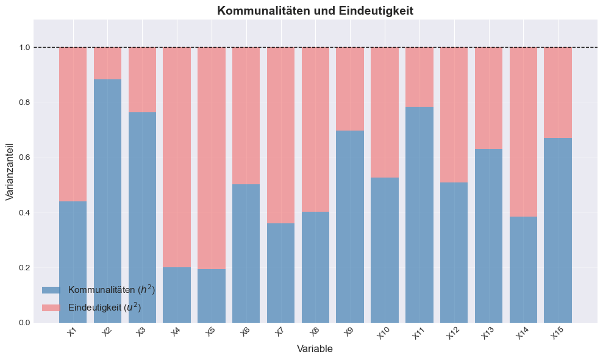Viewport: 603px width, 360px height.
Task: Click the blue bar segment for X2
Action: click(107, 201)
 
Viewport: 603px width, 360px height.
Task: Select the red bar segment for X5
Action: click(211, 158)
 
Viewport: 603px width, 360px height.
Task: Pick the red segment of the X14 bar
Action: click(523, 132)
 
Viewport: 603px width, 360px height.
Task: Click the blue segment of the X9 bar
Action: click(350, 226)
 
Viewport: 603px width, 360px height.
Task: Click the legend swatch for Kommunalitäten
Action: click(51, 290)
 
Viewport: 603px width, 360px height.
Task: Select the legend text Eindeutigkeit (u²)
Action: click(105, 308)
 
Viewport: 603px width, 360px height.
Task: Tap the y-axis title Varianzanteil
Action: click(10, 171)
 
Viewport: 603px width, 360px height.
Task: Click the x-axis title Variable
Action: click(315, 348)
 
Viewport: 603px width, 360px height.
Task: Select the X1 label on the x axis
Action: click(72, 332)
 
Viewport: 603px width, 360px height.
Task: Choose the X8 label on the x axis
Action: click(315, 332)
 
